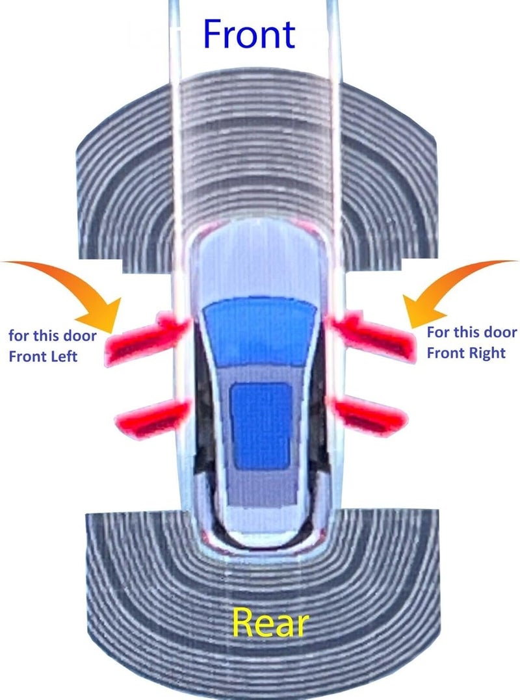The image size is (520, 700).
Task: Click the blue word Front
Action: [x=249, y=34]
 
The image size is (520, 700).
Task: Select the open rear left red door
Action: [x=153, y=419]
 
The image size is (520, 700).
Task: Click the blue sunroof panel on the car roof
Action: [x=261, y=426]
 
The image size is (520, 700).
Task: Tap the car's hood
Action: [x=259, y=263]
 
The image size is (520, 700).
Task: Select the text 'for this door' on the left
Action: [x=52, y=335]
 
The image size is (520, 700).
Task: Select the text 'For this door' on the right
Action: [x=472, y=332]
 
